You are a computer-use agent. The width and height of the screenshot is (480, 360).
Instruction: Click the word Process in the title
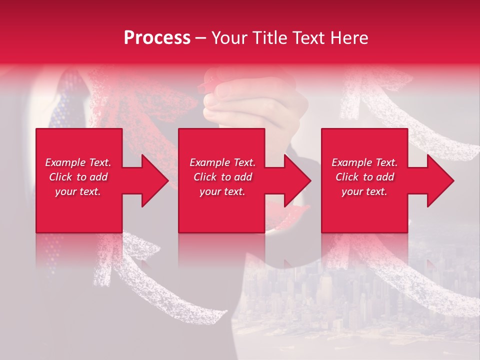(157, 38)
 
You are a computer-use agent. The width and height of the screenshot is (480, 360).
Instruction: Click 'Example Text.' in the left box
(78, 162)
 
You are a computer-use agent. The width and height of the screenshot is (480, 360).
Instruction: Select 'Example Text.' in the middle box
(222, 162)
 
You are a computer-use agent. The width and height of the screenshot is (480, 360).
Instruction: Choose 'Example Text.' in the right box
(364, 162)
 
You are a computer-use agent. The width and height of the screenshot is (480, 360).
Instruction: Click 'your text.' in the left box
(78, 191)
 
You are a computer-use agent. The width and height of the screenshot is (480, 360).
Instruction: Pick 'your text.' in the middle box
(222, 191)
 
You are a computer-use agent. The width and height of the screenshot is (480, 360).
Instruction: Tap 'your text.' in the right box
(364, 191)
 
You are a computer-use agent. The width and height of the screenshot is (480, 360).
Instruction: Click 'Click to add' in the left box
(78, 177)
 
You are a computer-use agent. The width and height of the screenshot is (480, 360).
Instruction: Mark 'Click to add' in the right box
(364, 177)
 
